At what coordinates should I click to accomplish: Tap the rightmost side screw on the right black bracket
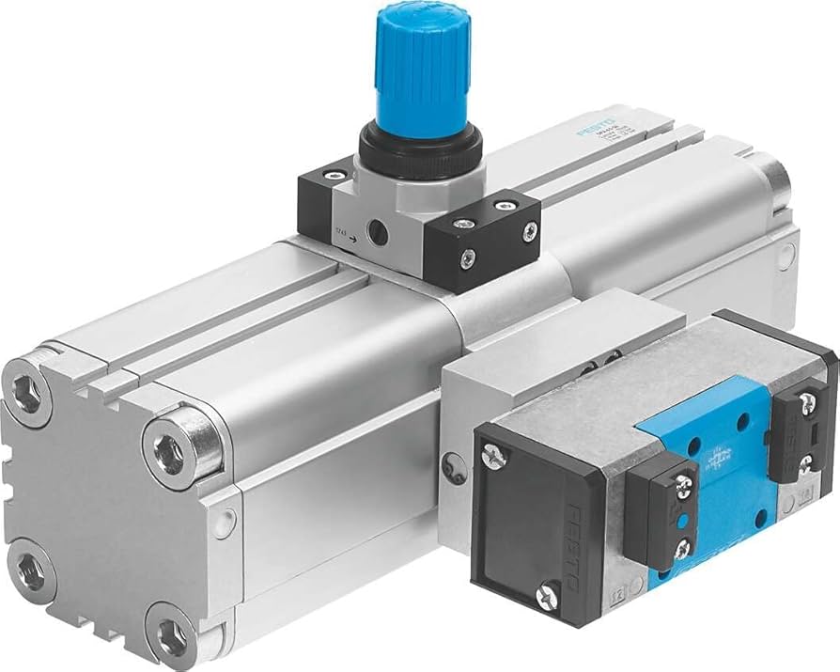(531, 229)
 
